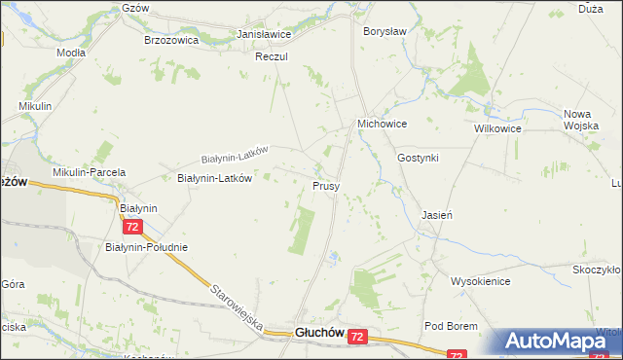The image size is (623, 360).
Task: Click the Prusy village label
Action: (x=326, y=185)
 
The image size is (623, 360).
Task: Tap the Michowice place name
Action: (x=382, y=125)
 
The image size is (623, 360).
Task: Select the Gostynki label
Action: (x=419, y=158)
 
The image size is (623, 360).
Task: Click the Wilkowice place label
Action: (x=497, y=128)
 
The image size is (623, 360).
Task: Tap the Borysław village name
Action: (x=384, y=32)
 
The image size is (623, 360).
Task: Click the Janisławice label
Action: (x=265, y=34)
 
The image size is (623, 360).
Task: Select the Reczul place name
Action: (x=272, y=57)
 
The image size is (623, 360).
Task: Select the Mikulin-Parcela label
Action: (x=90, y=172)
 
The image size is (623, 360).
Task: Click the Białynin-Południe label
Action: (x=146, y=247)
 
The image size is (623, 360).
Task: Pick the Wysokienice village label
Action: (x=481, y=281)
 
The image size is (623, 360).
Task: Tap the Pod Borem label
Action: (x=448, y=325)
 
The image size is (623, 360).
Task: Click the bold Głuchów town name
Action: (x=319, y=333)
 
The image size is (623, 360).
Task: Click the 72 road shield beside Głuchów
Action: (x=358, y=336)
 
